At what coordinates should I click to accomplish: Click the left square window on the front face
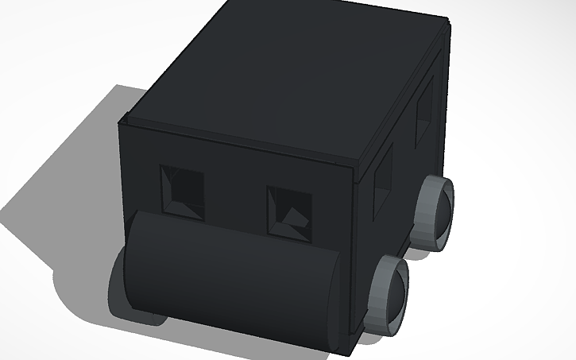click(181, 192)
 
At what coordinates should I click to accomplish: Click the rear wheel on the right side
click(435, 211)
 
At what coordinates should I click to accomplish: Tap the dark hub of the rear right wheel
click(441, 210)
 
